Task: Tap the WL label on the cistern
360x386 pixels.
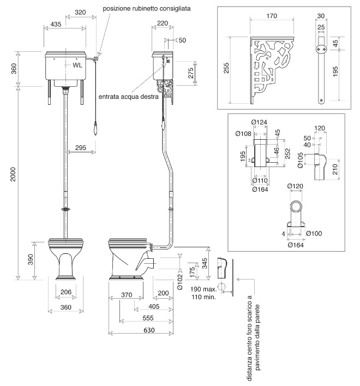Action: coord(77,64)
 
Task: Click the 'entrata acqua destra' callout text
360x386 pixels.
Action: coord(128,96)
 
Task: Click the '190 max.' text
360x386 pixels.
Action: coord(203,289)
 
